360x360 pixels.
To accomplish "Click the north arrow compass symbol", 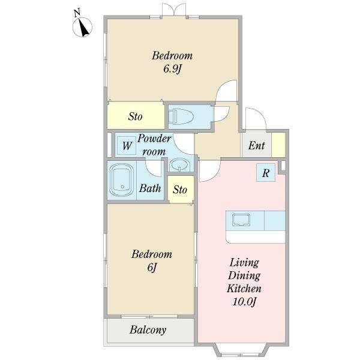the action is (x=82, y=26).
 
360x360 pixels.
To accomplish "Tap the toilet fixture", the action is (x=181, y=116).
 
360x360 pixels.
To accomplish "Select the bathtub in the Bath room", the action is (x=122, y=180).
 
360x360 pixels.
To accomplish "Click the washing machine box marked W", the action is (x=127, y=146).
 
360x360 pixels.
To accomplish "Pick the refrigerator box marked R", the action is (x=266, y=173).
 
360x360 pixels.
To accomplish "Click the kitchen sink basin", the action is (x=241, y=220).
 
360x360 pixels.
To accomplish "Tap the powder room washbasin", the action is (x=180, y=166).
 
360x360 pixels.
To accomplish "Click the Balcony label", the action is (x=148, y=330).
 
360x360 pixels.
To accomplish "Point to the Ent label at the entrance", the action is (x=256, y=145).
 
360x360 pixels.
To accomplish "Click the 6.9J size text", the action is (x=172, y=68).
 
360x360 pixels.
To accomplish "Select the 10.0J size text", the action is (x=244, y=301).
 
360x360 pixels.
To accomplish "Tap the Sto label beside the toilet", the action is (x=135, y=116).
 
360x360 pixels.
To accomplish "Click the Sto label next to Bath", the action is (x=180, y=190).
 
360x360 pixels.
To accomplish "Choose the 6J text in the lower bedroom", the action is (x=152, y=267).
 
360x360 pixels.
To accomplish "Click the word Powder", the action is (x=154, y=139).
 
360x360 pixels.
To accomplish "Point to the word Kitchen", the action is (x=244, y=289).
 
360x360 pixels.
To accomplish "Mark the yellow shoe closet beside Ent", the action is (x=278, y=145).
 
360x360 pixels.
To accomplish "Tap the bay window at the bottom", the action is (x=241, y=350).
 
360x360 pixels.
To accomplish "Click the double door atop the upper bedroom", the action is (x=174, y=9).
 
